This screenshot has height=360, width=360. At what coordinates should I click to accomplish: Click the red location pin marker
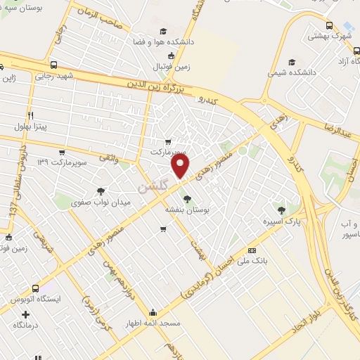(181, 167)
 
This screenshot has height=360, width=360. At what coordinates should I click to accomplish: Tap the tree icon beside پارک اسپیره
(282, 210)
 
